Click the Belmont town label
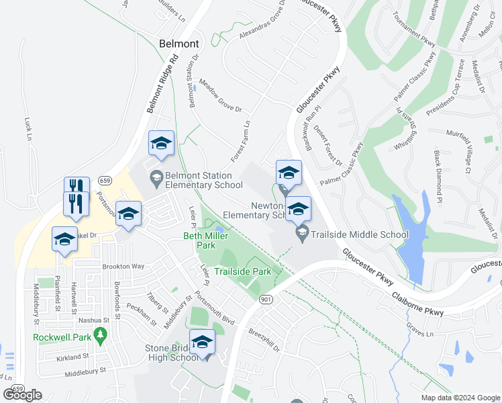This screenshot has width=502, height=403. click(179, 44)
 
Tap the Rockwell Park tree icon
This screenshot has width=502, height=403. click(101, 334)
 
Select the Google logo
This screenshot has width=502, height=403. click(22, 395)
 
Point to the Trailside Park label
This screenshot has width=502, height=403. click(242, 272)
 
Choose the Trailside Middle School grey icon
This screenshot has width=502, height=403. click(302, 234)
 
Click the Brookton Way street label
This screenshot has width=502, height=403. click(123, 267)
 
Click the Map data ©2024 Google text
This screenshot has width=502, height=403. click(460, 398)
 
